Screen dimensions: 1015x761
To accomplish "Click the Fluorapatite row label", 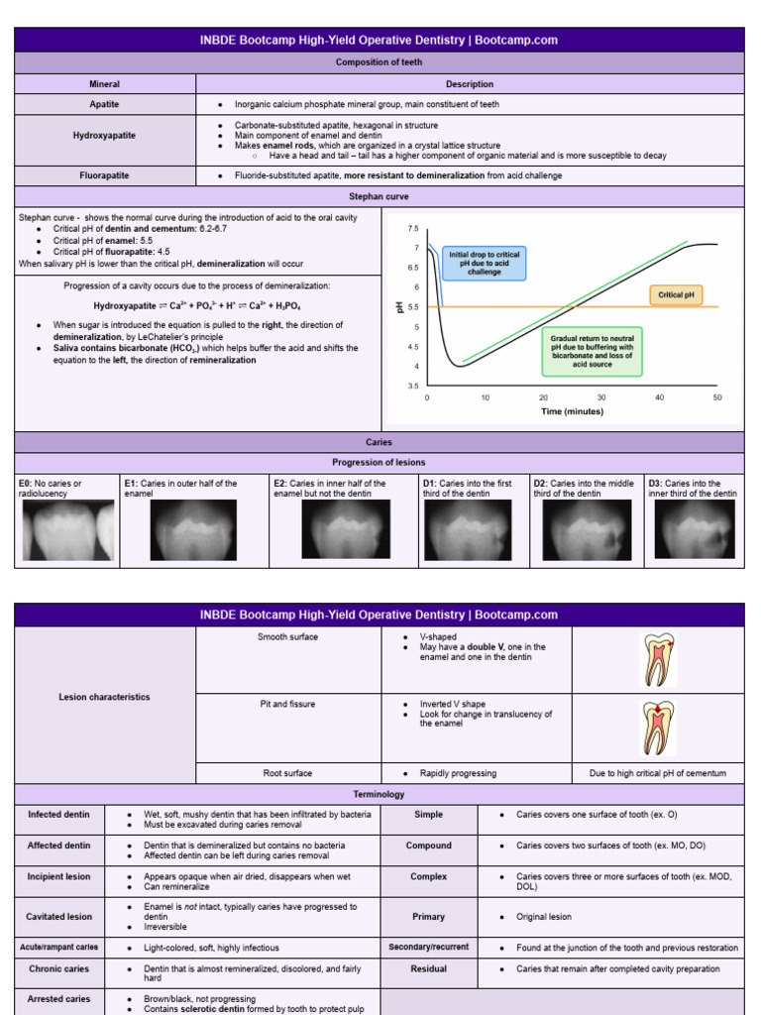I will click(105, 175).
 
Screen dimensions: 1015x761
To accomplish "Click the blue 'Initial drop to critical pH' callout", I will click(484, 263).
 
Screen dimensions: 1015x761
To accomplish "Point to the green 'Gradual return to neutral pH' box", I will click(592, 351).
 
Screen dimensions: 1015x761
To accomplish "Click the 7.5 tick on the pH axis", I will click(413, 228).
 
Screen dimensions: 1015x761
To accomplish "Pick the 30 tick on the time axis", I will click(601, 397).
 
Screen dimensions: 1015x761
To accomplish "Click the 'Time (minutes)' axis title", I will click(572, 411).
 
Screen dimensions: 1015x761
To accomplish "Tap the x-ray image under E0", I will click(67, 529).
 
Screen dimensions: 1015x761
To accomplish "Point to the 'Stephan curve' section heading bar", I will click(380, 197).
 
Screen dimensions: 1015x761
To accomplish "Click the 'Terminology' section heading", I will click(380, 794).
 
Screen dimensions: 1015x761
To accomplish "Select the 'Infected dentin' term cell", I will click(58, 815).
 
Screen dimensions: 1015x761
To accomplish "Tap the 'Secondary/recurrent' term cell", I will click(429, 948).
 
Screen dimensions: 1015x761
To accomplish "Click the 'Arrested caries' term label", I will click(58, 999).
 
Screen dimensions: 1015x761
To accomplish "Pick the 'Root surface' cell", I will click(288, 773).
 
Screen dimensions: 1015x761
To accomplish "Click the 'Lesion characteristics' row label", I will click(105, 697).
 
